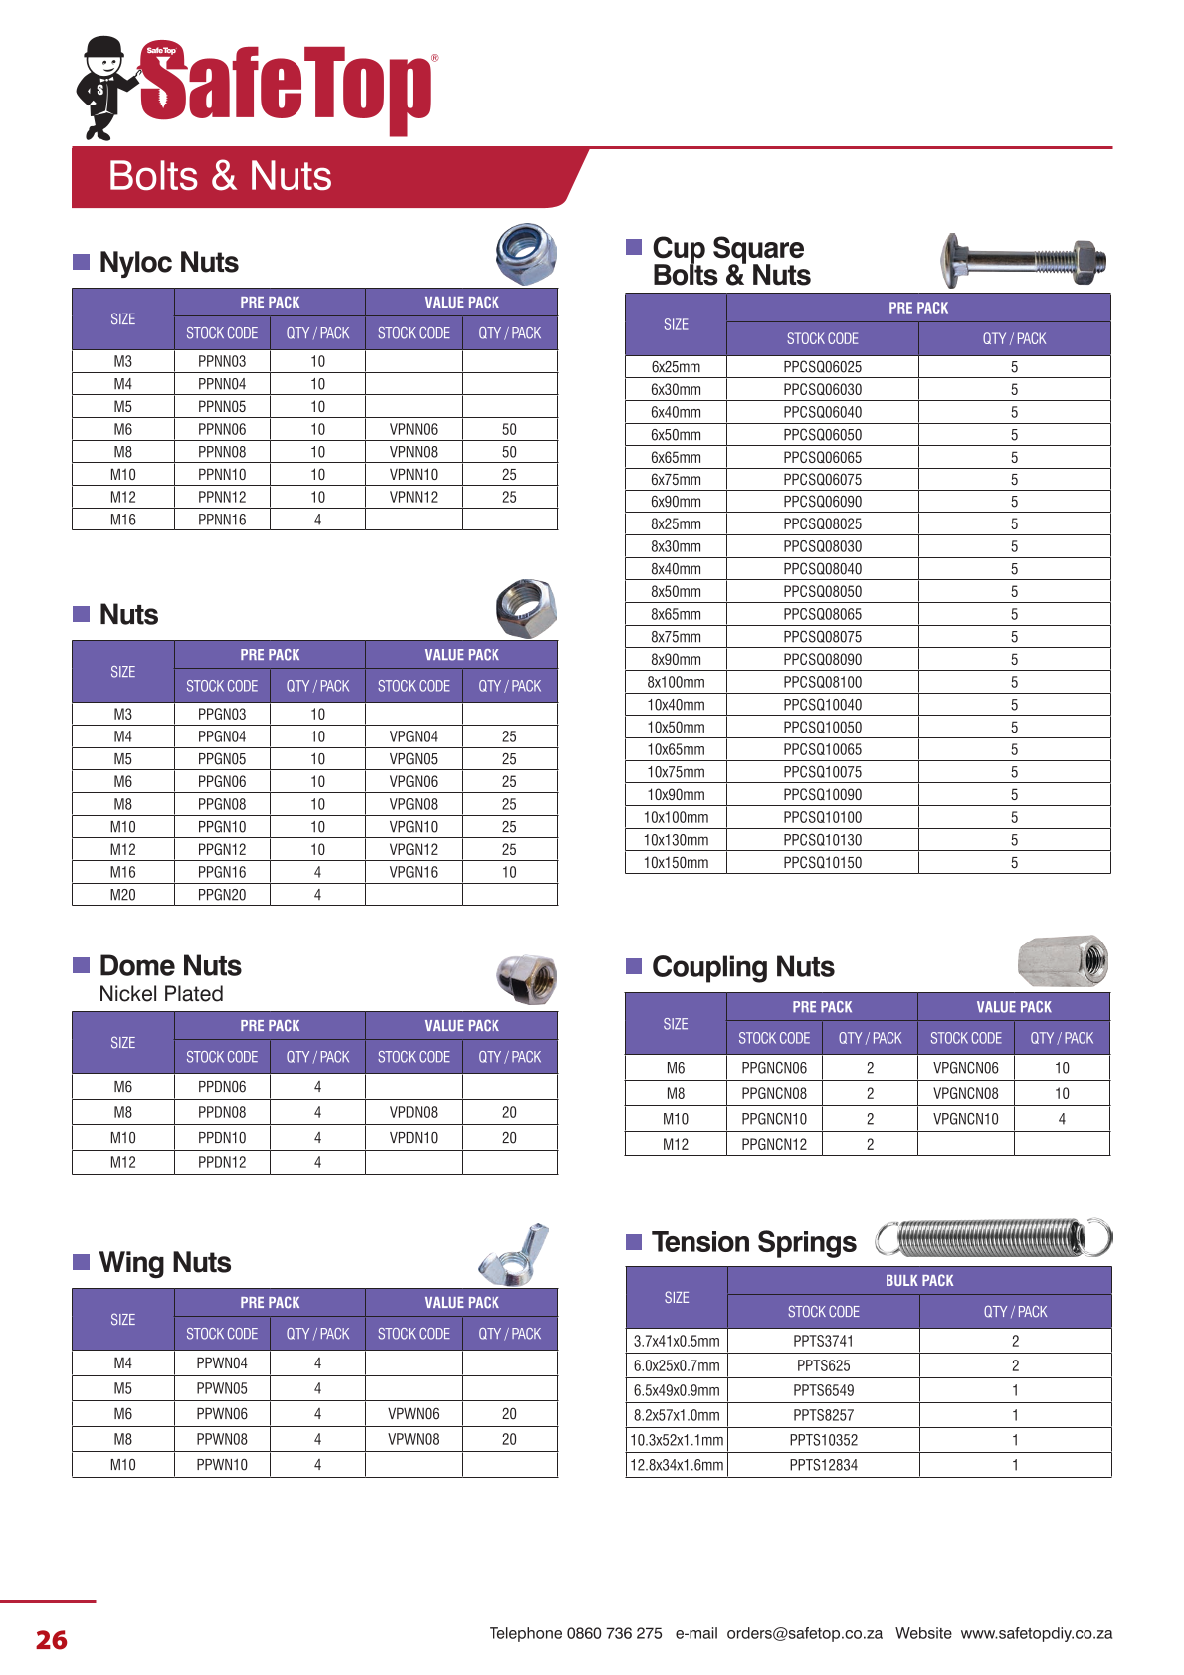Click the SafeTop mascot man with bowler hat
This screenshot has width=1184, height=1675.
pos(105,88)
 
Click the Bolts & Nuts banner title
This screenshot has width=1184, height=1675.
pos(220,176)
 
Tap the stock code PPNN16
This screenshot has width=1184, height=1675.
pos(222,520)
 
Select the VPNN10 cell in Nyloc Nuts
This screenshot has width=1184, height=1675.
pos(414,475)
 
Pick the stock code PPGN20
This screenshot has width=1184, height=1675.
pos(222,895)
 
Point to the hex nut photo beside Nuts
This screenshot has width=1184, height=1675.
pos(525,608)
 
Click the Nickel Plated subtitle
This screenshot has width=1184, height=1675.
pos(161,994)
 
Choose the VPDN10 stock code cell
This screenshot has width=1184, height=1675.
pos(414,1138)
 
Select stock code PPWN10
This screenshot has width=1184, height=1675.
pos(222,1465)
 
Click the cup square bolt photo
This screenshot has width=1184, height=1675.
pos(1023,261)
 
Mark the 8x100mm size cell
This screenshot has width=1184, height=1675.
pos(676,683)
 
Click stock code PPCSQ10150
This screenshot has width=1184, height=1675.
pos(822,863)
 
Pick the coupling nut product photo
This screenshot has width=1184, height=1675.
pos(1063,961)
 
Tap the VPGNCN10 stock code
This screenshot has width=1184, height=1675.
pos(965,1119)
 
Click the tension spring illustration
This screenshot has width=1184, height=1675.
pos(993,1238)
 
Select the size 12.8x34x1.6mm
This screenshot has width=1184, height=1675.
pos(677,1465)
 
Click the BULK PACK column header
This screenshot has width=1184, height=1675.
pos(919,1281)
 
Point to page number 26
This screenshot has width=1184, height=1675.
pos(52,1640)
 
